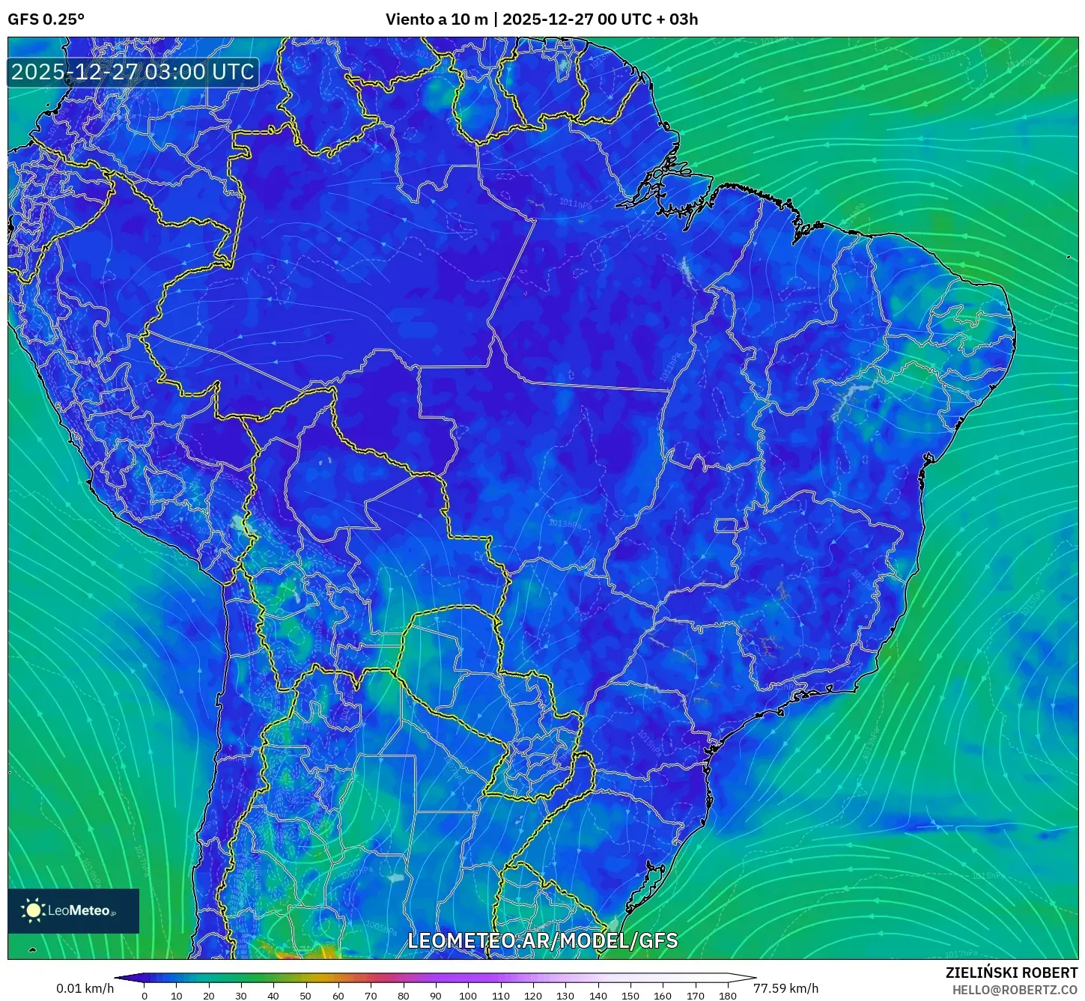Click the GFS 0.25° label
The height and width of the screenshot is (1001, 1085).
click(46, 19)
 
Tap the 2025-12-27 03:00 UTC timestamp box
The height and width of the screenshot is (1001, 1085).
click(133, 72)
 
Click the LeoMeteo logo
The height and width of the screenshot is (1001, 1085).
click(73, 910)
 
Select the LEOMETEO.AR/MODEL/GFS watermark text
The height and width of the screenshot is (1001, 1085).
click(542, 940)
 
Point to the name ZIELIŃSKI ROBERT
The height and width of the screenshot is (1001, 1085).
click(1011, 973)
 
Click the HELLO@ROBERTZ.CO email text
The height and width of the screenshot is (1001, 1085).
click(1015, 990)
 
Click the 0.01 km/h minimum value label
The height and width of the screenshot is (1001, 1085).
click(85, 988)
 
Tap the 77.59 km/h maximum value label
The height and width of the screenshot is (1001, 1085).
click(785, 988)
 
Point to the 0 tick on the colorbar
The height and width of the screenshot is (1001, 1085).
click(145, 996)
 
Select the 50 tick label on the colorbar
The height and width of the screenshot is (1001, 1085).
click(306, 996)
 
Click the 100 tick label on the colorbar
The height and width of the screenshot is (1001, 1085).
click(467, 996)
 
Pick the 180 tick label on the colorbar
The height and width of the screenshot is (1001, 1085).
click(727, 996)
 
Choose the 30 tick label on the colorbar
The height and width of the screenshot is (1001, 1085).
click(241, 996)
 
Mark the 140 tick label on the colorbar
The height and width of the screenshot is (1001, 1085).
click(598, 996)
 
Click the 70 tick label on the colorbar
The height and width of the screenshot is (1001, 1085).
click(371, 996)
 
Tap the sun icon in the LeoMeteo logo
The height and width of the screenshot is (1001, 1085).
click(33, 910)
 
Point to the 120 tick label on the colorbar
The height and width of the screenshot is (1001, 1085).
click(532, 996)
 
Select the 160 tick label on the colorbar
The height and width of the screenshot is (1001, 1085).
click(662, 996)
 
